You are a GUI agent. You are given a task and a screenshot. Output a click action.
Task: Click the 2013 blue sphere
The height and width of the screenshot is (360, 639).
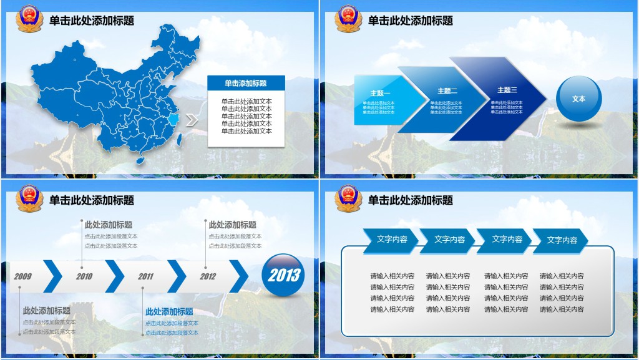coord(284,275)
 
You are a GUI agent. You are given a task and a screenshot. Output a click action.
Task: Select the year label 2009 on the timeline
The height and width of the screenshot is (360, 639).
coord(22,276)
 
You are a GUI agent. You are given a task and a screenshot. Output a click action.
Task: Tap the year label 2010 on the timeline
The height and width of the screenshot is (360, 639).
coord(84,276)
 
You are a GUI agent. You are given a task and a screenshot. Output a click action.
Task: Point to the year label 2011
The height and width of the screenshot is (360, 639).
coord(146,276)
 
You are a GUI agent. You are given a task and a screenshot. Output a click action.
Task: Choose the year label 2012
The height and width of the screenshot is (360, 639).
coord(208,276)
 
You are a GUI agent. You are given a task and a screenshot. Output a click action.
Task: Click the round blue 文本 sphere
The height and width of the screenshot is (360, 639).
coord(578,99)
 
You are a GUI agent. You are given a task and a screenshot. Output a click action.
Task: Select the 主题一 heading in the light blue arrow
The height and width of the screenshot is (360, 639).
coord(380,94)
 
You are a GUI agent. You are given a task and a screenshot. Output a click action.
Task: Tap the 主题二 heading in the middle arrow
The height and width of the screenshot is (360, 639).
coord(447,91)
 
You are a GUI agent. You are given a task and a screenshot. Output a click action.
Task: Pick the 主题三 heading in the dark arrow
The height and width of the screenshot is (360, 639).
coord(507,90)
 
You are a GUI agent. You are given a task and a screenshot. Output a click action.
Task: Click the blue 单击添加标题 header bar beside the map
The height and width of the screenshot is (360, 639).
coord(246,83)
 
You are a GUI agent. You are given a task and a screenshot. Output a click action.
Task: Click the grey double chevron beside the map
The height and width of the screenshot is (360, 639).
coord(192,120)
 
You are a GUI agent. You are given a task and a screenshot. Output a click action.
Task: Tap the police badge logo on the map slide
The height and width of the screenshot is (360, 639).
coord(29,18)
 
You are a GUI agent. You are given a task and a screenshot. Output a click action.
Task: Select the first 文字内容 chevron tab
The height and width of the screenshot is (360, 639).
coord(391,240)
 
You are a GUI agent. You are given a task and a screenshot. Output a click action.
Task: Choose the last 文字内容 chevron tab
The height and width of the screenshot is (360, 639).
coord(562,240)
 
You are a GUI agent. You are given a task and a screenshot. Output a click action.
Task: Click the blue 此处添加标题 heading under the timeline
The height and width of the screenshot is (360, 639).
coord(169,312)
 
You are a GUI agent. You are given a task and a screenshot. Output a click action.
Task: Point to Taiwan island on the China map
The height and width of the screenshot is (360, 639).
coord(180,140)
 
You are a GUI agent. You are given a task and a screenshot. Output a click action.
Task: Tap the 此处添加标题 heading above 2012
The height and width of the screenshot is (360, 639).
coord(232,225)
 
